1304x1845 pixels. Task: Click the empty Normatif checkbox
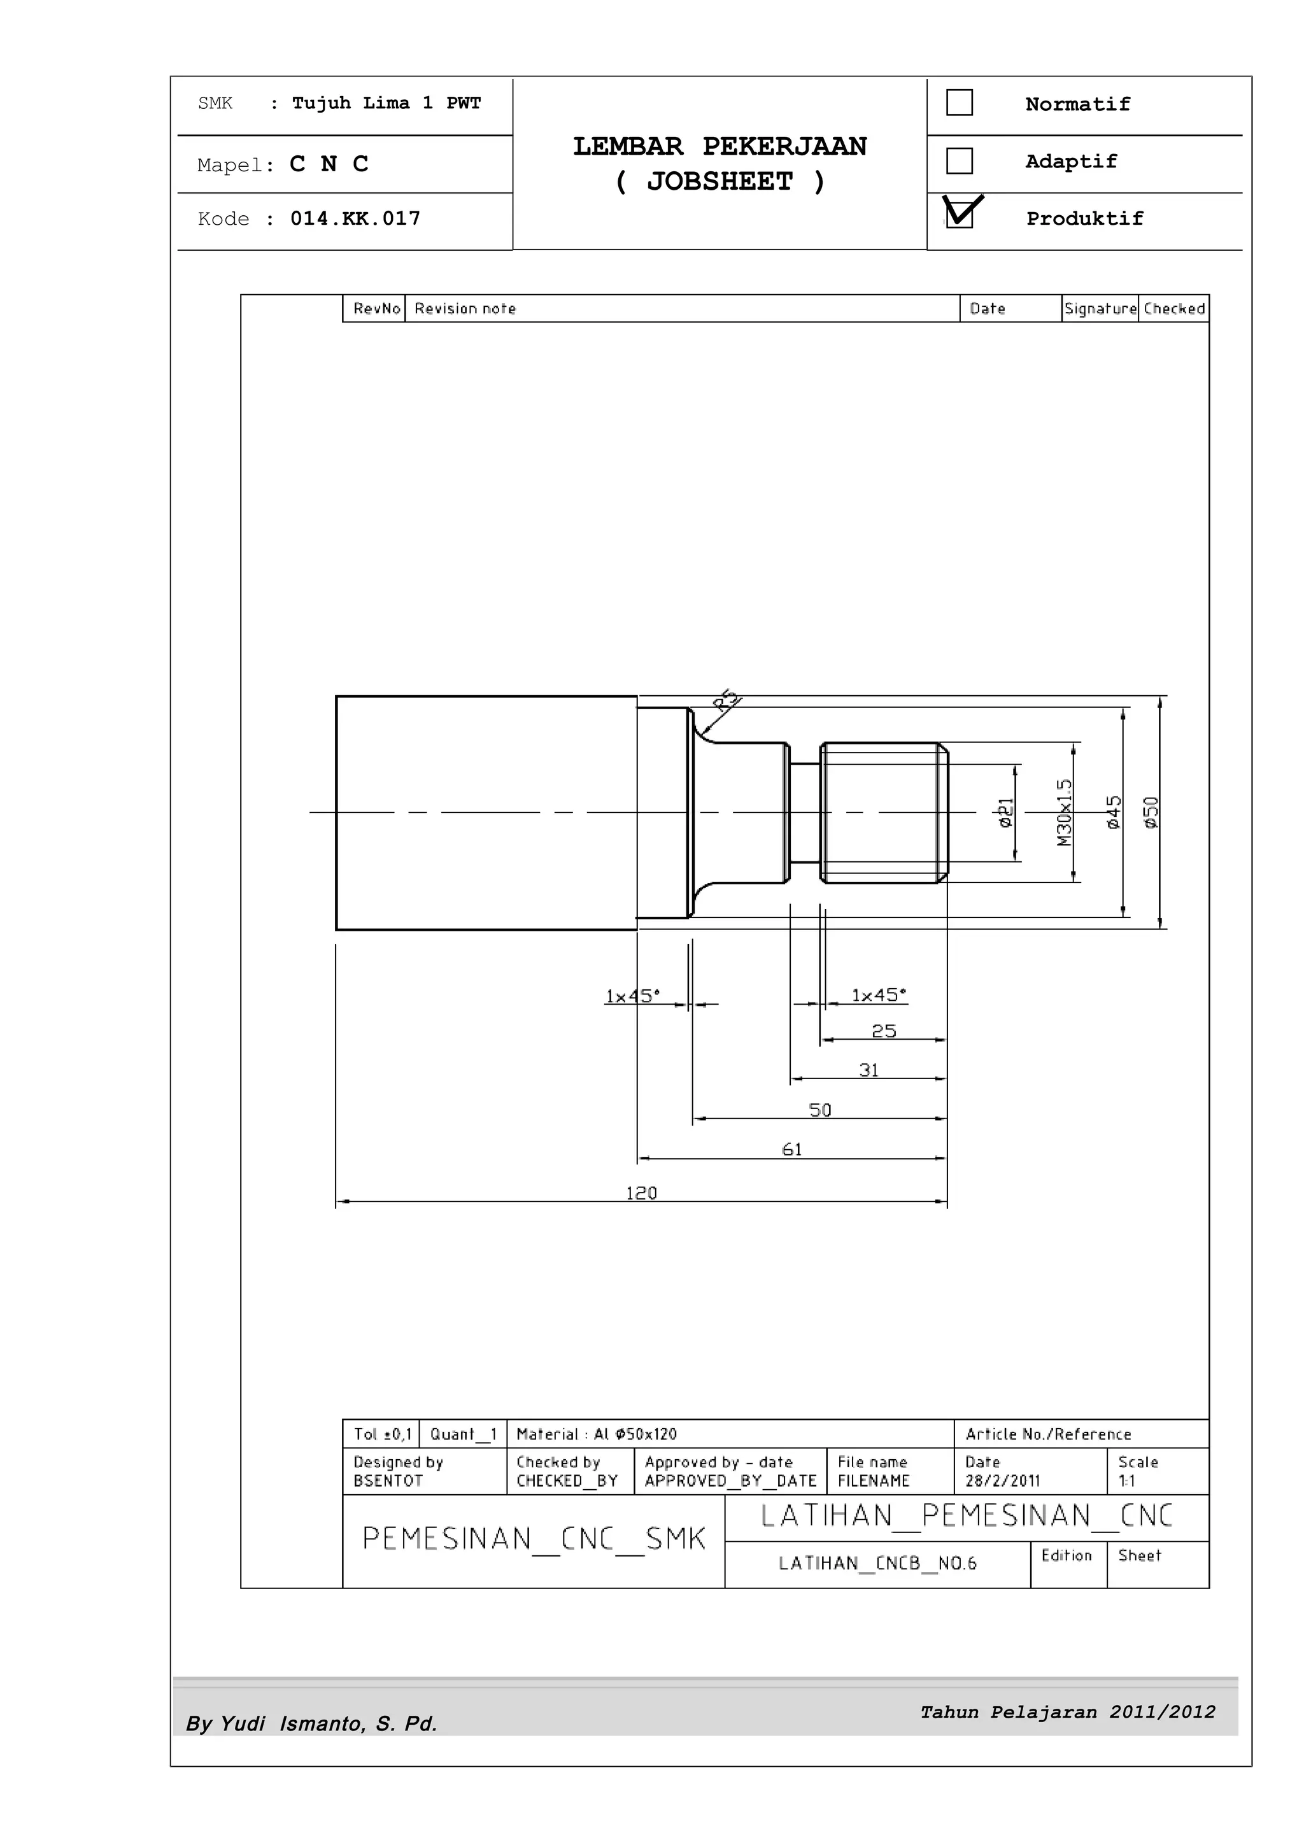pyautogui.click(x=960, y=103)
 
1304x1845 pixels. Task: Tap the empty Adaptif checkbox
pyautogui.click(x=960, y=160)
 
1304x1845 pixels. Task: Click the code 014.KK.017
pyautogui.click(x=355, y=218)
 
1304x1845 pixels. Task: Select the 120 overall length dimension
pyautogui.click(x=641, y=1193)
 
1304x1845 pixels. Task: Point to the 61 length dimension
pyautogui.click(x=792, y=1150)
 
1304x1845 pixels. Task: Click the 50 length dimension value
pyautogui.click(x=819, y=1110)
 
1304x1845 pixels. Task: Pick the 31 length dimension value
pyautogui.click(x=868, y=1070)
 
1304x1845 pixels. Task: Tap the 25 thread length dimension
pyautogui.click(x=884, y=1031)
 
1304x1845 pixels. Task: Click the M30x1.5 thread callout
pyautogui.click(x=1065, y=812)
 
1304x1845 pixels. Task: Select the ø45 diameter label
pyautogui.click(x=1114, y=812)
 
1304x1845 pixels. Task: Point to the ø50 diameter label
pyautogui.click(x=1151, y=812)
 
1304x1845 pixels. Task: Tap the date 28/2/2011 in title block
pyautogui.click(x=1002, y=1480)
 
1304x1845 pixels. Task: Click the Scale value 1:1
pyautogui.click(x=1126, y=1480)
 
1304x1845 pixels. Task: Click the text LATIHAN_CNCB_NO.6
pyautogui.click(x=877, y=1563)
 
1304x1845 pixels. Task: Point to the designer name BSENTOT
pyautogui.click(x=387, y=1480)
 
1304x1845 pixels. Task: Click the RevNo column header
pyautogui.click(x=376, y=309)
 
